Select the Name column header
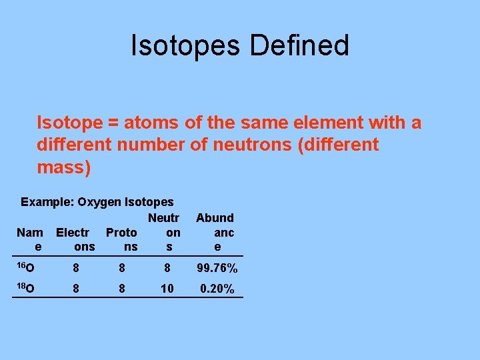pyautogui.click(x=29, y=239)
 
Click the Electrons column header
pyautogui.click(x=75, y=239)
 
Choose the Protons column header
pyautogui.click(x=122, y=239)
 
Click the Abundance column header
pyautogui.click(x=215, y=232)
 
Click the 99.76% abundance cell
pyautogui.click(x=217, y=269)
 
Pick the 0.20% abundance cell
pyautogui.click(x=217, y=289)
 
